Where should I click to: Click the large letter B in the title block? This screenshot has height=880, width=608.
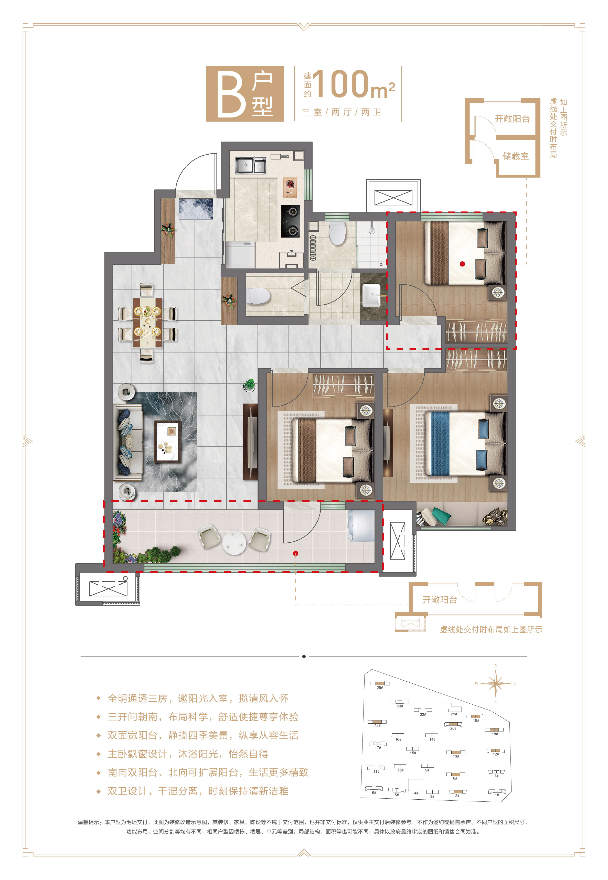click(231, 95)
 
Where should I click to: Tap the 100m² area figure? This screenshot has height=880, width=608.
click(354, 84)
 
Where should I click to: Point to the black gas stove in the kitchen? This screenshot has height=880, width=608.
click(291, 221)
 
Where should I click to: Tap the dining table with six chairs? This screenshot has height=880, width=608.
click(147, 322)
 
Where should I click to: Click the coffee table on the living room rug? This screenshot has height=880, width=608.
click(168, 441)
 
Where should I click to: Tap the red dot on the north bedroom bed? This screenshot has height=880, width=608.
click(462, 263)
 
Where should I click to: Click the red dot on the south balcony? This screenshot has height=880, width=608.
click(296, 553)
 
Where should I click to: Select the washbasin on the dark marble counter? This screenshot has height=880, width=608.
click(371, 295)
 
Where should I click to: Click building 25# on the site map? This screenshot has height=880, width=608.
click(380, 684)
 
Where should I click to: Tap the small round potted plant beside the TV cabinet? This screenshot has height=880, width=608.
click(249, 385)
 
